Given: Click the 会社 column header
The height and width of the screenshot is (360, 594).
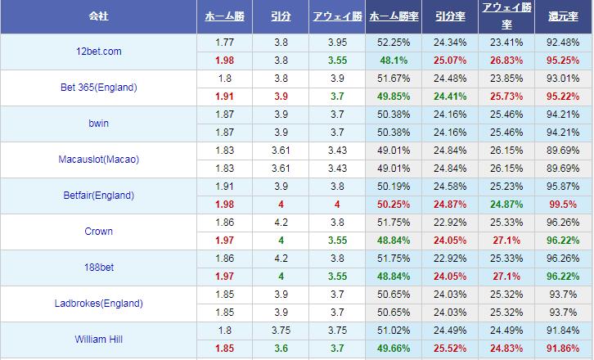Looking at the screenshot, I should tap(99, 16).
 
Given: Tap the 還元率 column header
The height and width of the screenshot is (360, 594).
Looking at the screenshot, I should tap(564, 16).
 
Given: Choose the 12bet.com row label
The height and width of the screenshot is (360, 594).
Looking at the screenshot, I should tap(98, 52).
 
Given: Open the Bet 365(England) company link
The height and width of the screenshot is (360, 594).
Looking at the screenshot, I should tap(98, 88).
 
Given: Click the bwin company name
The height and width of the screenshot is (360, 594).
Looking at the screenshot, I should tap(98, 124).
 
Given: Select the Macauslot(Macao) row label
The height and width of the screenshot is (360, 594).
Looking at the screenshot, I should tap(98, 160).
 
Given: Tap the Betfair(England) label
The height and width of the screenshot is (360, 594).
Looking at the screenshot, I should tap(98, 196).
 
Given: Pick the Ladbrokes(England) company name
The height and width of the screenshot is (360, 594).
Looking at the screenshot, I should tap(98, 304).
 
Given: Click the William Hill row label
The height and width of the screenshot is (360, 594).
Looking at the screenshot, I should tap(98, 339).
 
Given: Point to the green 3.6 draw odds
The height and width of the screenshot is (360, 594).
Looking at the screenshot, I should tap(281, 349).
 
